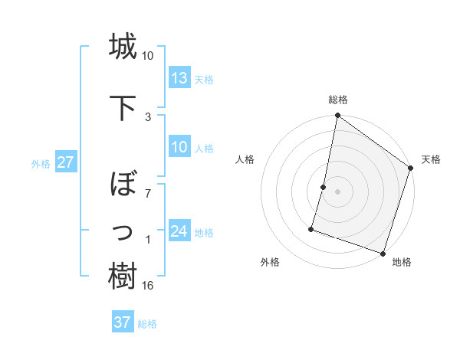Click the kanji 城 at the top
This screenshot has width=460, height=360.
tap(123, 47)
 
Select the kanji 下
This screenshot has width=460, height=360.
tap(123, 106)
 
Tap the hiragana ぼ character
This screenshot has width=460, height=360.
tap(123, 185)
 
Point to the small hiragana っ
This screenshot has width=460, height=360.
tap(123, 230)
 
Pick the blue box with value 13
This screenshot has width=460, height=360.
tap(179, 79)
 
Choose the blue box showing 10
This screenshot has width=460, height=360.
tap(179, 148)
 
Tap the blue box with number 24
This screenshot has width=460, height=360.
tap(179, 232)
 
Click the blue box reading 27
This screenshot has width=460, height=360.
tap(65, 163)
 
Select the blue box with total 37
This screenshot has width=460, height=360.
tap(123, 322)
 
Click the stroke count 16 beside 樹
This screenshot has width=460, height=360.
tap(148, 286)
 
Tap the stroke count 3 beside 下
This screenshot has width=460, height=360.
tap(148, 116)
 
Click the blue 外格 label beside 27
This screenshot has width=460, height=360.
tap(41, 164)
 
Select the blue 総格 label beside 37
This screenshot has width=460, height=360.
tap(147, 324)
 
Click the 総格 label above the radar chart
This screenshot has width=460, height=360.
tap(337, 100)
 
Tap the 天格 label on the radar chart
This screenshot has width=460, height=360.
tap(431, 159)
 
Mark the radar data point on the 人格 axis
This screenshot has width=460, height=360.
tap(324, 187)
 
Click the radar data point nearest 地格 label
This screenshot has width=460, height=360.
tap(383, 253)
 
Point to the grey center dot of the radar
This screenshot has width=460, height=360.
tap(337, 191)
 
